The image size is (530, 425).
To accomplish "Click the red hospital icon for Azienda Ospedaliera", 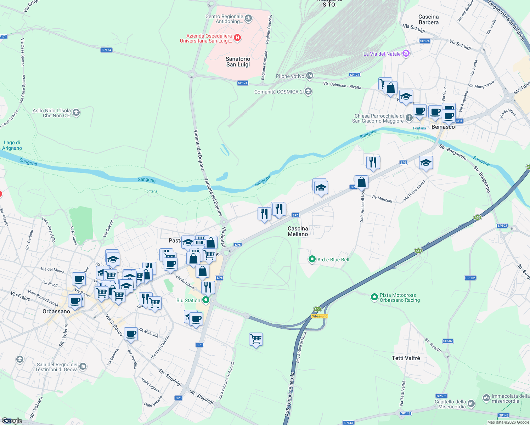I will [238, 38].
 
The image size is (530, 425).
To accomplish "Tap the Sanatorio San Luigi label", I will [238, 62].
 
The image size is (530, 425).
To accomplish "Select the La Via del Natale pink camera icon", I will [406, 54].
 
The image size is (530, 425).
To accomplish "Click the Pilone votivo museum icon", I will [310, 76].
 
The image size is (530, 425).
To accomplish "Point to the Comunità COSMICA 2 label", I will [278, 92].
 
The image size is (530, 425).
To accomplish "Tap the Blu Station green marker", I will [205, 300].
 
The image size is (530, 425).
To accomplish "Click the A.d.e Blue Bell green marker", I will [312, 260].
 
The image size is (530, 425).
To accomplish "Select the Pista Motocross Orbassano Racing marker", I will [374, 297].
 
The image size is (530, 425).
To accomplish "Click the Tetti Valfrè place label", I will [406, 358].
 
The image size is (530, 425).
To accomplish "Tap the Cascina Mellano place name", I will [298, 231].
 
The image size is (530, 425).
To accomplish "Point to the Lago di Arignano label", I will [12, 145].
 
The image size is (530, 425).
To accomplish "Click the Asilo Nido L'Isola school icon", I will [76, 113].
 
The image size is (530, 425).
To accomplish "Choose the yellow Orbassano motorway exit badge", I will [319, 316].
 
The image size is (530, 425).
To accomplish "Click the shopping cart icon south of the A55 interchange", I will [256, 339].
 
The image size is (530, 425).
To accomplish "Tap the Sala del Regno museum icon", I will [83, 366].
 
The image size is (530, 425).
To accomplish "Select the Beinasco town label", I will [443, 127].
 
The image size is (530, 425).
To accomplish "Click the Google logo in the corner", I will [12, 420].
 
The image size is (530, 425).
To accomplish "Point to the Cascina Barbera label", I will [428, 19].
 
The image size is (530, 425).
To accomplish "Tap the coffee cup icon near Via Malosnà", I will [131, 334].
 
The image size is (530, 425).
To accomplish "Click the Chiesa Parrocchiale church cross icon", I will [409, 118].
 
